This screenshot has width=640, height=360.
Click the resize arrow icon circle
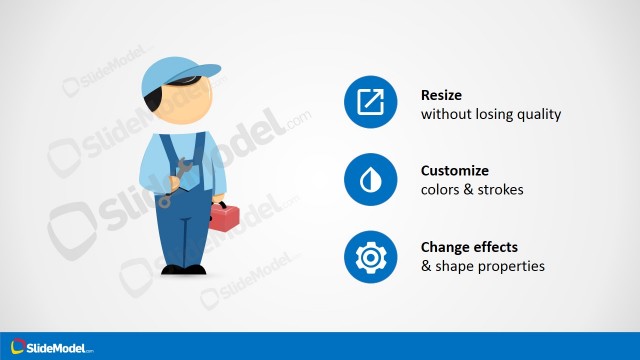[x=371, y=101]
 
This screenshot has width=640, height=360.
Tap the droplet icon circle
[x=371, y=179]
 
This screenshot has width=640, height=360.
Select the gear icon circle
[x=371, y=257]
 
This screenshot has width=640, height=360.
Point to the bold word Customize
[x=455, y=170]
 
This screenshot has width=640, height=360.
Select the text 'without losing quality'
[x=491, y=114]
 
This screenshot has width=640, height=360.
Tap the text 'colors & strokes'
[x=472, y=189]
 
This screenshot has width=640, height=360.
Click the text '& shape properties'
[x=482, y=266]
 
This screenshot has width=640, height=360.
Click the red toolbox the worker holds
[x=224, y=215]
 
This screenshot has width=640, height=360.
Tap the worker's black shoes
[x=182, y=269]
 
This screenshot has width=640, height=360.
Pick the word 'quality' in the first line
[x=539, y=114]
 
